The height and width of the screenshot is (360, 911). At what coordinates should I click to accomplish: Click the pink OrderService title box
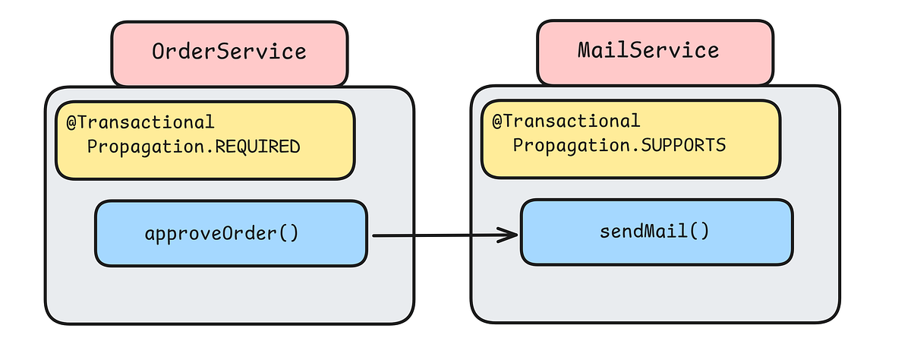229,52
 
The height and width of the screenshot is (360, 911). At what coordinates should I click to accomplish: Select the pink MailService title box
655,52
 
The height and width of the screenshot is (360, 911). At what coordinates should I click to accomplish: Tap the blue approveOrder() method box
231,233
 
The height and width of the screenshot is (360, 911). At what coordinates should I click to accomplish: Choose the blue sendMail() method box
657,232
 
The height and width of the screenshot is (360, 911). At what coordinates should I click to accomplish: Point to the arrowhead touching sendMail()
510,235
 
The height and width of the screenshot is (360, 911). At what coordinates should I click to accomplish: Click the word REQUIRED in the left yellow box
258,147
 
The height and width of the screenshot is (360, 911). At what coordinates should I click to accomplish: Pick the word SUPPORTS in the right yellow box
685,144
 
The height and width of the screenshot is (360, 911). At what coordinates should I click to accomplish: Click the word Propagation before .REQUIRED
149,147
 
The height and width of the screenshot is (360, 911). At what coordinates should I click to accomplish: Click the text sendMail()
654,231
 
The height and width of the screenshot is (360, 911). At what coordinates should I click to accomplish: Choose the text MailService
648,51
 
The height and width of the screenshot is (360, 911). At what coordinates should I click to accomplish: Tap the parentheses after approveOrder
289,233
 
